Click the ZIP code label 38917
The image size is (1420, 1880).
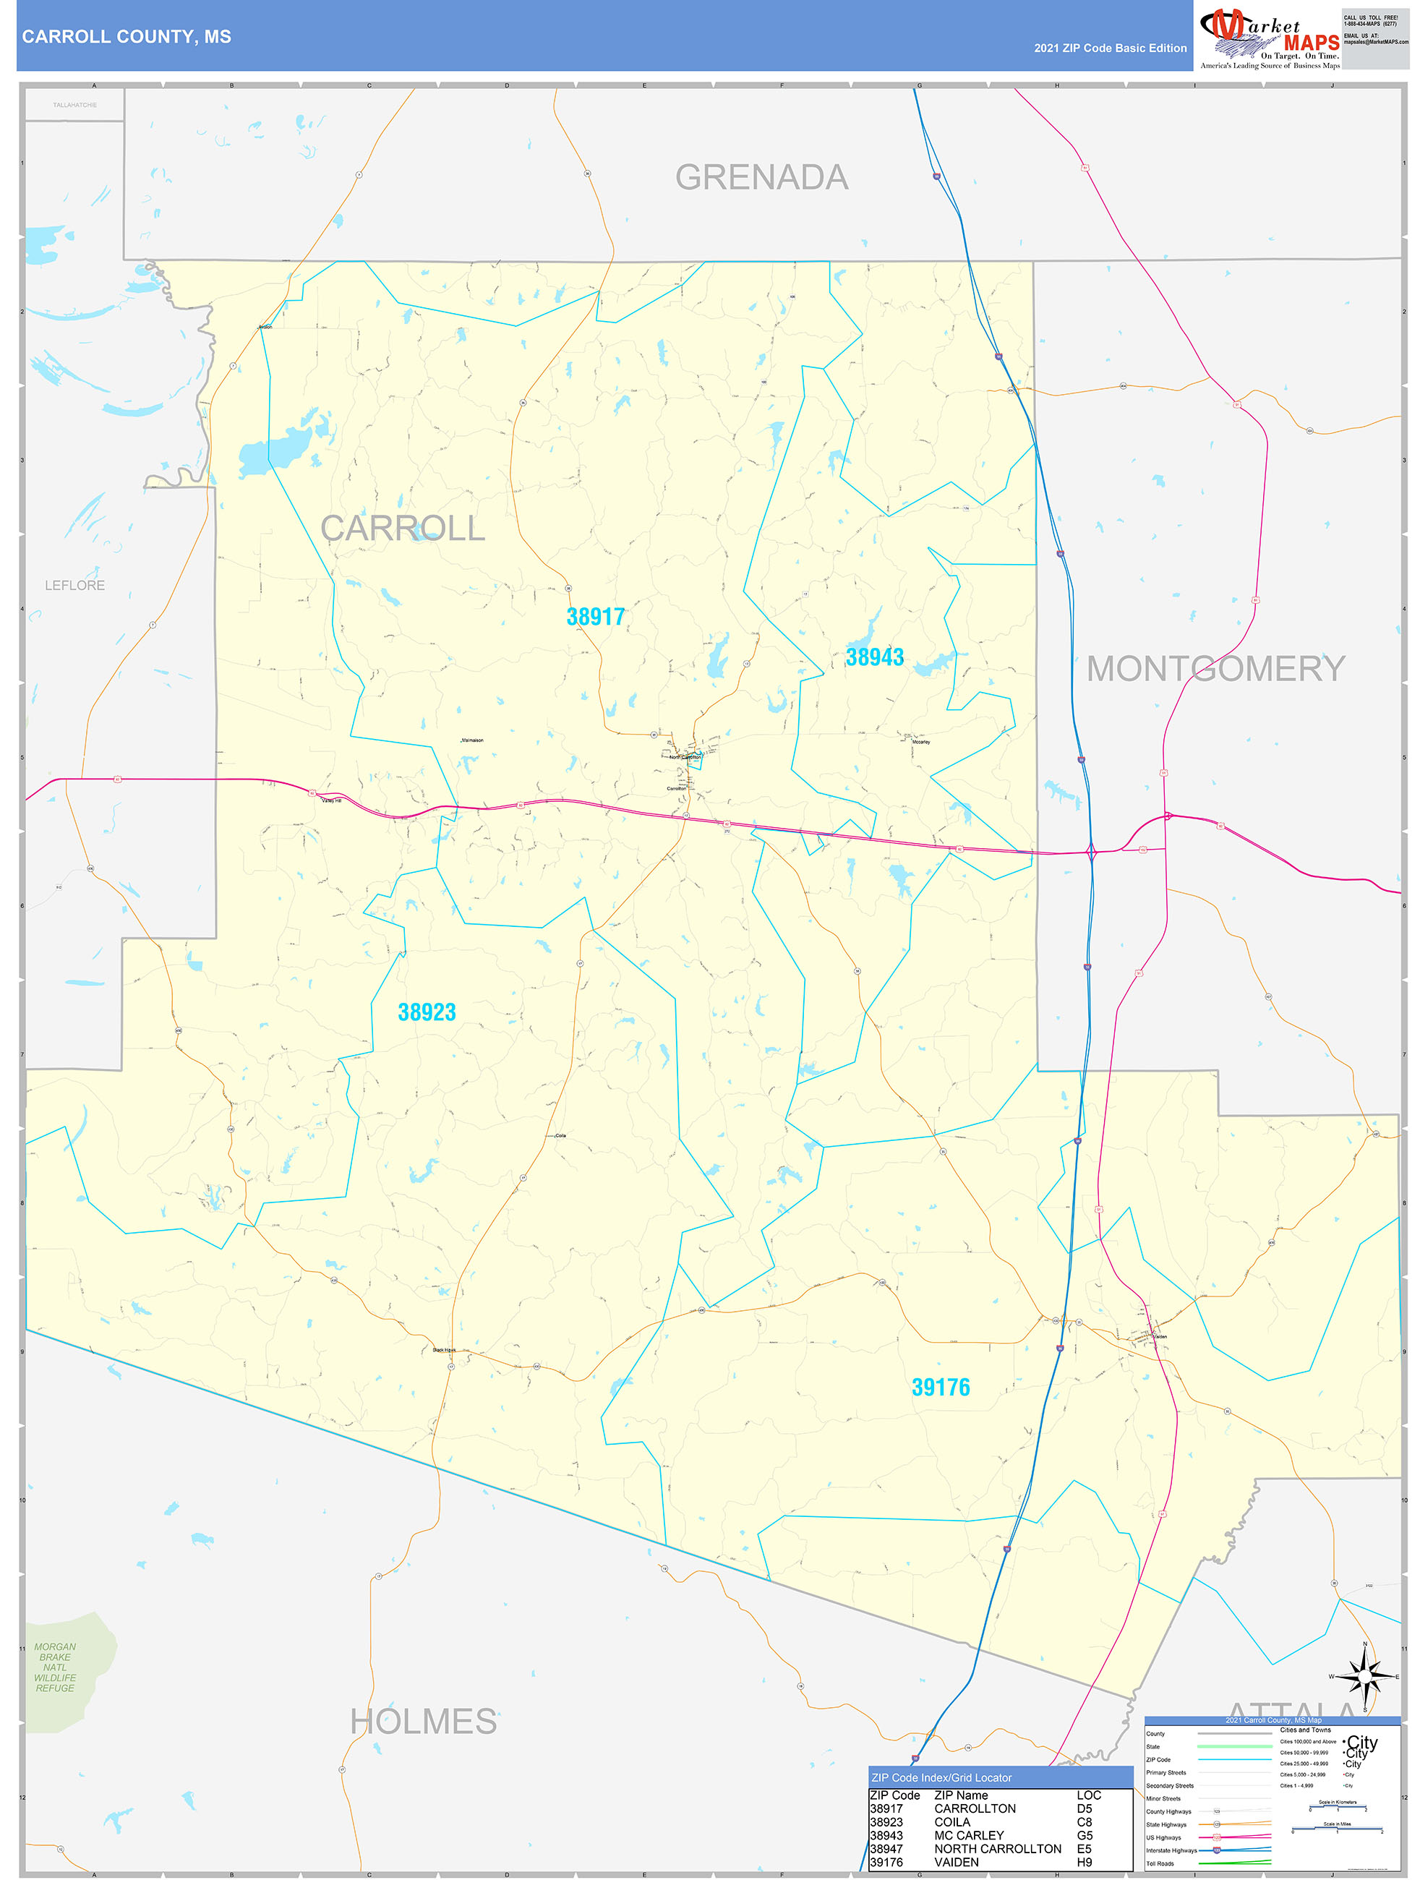(x=595, y=617)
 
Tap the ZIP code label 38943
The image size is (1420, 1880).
(x=874, y=657)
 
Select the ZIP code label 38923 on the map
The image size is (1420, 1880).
(x=427, y=1012)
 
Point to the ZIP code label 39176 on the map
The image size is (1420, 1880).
(x=941, y=1387)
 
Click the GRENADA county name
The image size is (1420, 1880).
(x=761, y=178)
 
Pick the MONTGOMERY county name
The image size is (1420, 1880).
(x=1215, y=669)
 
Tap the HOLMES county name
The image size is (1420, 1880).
(x=423, y=1722)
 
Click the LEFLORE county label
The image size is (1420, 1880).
(x=74, y=586)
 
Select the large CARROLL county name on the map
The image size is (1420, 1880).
(x=402, y=529)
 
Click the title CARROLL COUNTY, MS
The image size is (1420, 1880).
(x=127, y=37)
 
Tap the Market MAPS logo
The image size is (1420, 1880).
(x=1270, y=38)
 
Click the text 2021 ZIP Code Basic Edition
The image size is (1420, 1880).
(x=1110, y=48)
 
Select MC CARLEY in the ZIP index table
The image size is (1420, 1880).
(x=969, y=1835)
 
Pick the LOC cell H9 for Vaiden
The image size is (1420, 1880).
(x=1085, y=1862)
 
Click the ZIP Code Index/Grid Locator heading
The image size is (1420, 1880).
(x=941, y=1778)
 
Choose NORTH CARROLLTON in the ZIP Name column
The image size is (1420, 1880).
(x=998, y=1849)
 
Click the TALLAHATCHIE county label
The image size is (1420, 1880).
(x=74, y=106)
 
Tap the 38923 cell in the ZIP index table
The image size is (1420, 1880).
(x=886, y=1822)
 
